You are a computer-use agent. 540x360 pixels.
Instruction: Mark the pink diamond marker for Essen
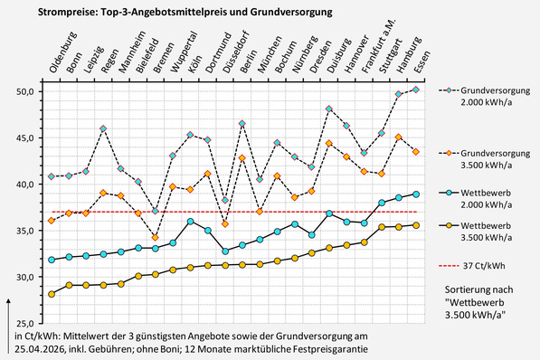point(416,90)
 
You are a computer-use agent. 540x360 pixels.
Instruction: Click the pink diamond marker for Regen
point(103,128)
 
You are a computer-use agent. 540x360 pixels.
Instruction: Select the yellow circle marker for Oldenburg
point(51,294)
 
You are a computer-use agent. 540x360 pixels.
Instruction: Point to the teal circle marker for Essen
point(416,194)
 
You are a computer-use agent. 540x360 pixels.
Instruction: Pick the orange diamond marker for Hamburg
point(399,137)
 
